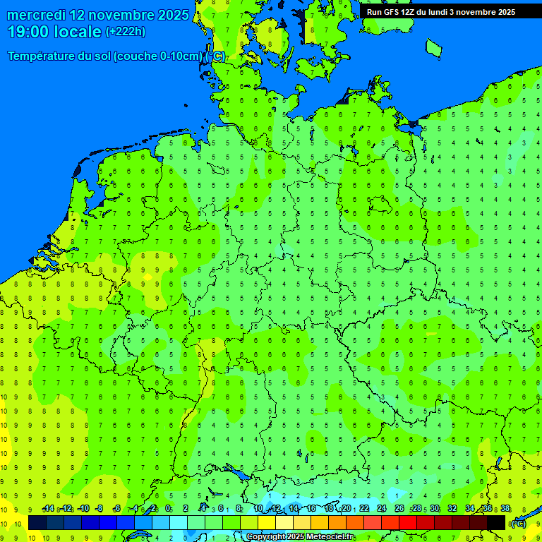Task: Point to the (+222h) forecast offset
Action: point(126,32)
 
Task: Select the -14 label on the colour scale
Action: point(48,509)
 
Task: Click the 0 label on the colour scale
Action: point(168,509)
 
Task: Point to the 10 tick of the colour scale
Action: point(258,509)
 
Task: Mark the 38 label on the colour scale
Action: point(505,509)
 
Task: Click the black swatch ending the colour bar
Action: point(496,523)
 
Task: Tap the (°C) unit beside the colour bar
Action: point(518,523)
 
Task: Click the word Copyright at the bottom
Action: point(265,537)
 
